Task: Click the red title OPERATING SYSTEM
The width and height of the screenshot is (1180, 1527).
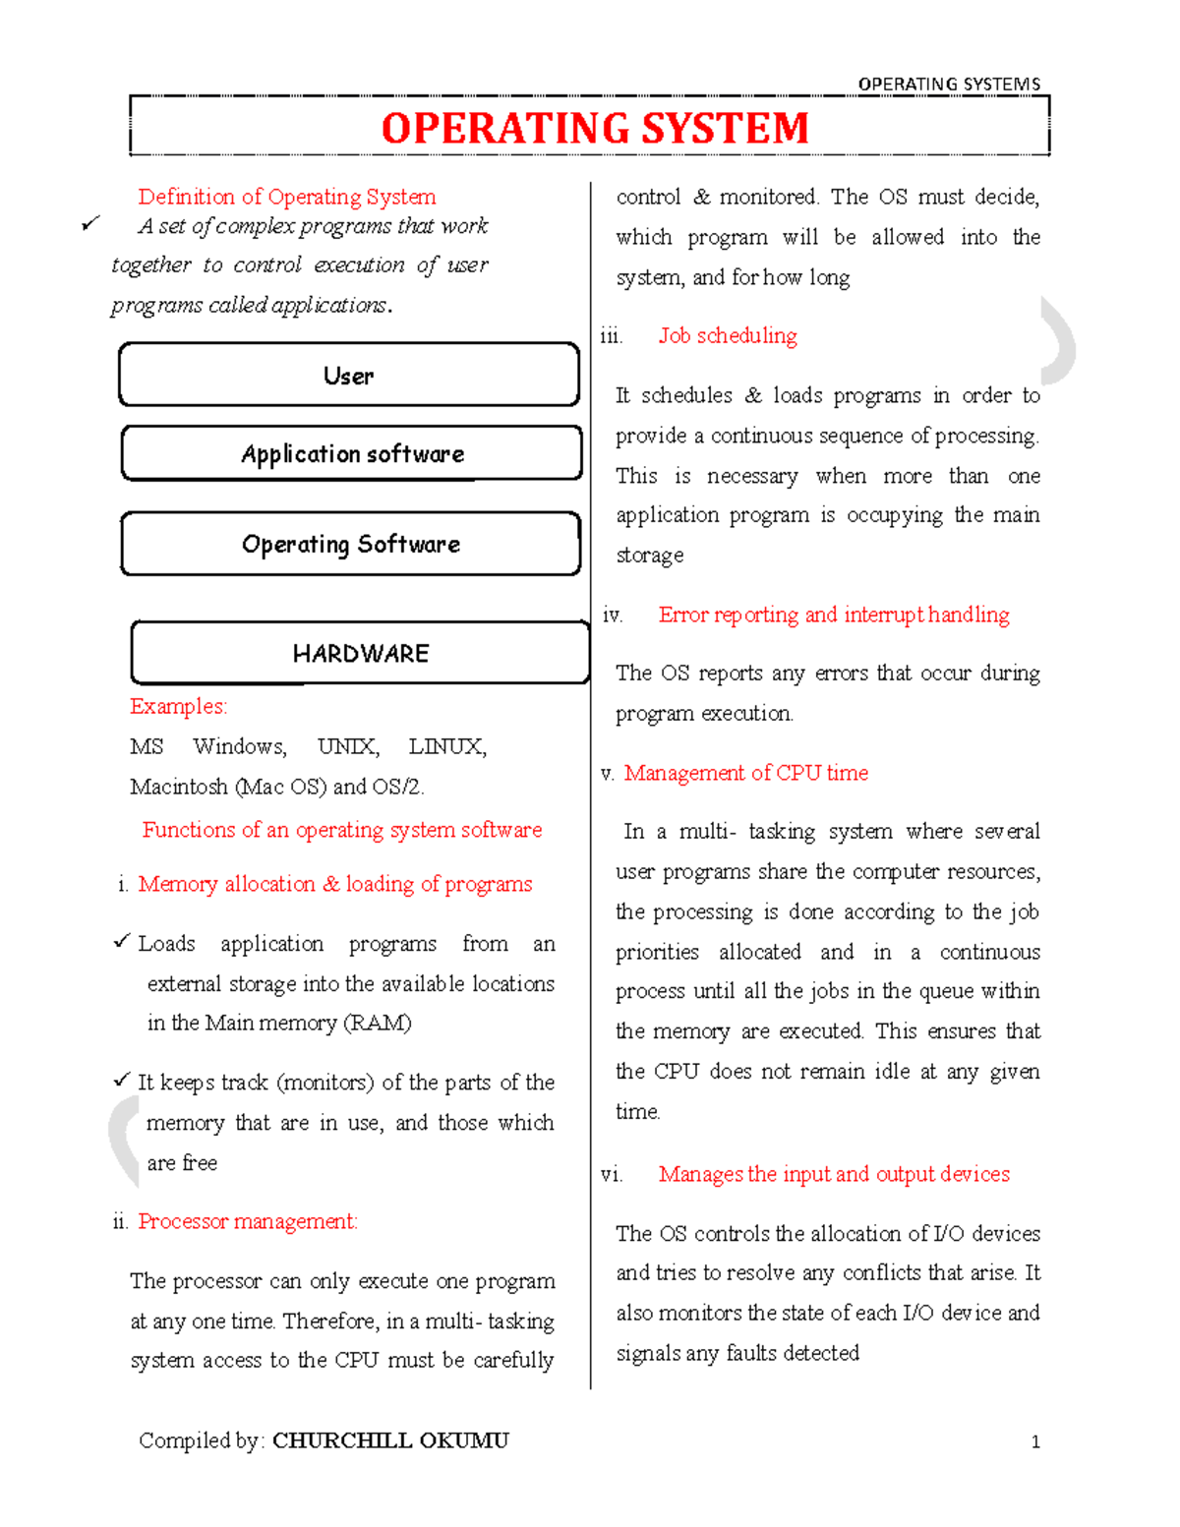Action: (594, 129)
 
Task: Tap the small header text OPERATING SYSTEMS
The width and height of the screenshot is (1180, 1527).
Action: (949, 85)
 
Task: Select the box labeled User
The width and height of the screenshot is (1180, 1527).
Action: (349, 376)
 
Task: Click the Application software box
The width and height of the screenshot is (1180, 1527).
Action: (352, 454)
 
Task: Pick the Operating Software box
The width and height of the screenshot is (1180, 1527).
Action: (351, 545)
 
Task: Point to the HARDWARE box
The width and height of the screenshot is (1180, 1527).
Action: (360, 654)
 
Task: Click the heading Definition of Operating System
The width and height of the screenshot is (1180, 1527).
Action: (286, 197)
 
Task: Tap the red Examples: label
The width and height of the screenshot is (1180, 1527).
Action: (178, 706)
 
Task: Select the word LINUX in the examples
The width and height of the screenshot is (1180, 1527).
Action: (446, 746)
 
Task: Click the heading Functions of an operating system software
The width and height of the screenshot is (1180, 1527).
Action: (341, 830)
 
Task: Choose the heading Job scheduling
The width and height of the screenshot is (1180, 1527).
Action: (728, 336)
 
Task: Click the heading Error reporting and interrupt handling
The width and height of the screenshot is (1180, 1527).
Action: (834, 615)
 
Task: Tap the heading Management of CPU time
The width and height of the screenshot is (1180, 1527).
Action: (745, 773)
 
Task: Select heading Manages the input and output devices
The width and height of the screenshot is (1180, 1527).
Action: (834, 1174)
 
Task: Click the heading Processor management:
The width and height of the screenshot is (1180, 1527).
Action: (248, 1221)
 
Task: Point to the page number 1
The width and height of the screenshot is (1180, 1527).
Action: (1035, 1442)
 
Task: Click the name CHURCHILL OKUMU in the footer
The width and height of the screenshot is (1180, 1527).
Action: (390, 1440)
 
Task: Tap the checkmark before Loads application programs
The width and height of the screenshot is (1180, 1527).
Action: (121, 942)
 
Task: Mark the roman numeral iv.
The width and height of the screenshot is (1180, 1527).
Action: (612, 616)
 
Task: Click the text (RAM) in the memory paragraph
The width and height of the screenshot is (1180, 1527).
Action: (377, 1024)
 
